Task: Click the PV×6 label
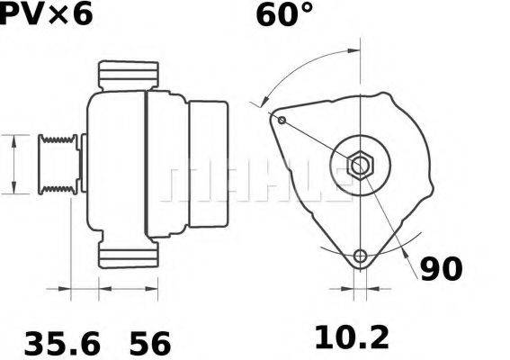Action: pos(45,14)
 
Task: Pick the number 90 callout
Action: pos(441,268)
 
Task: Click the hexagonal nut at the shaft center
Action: pos(360,166)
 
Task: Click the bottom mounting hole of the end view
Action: pos(361,256)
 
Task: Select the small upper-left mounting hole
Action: pos(282,120)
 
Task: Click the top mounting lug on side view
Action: pos(128,76)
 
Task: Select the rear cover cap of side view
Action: pos(207,165)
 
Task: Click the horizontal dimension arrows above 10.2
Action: pos(360,291)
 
